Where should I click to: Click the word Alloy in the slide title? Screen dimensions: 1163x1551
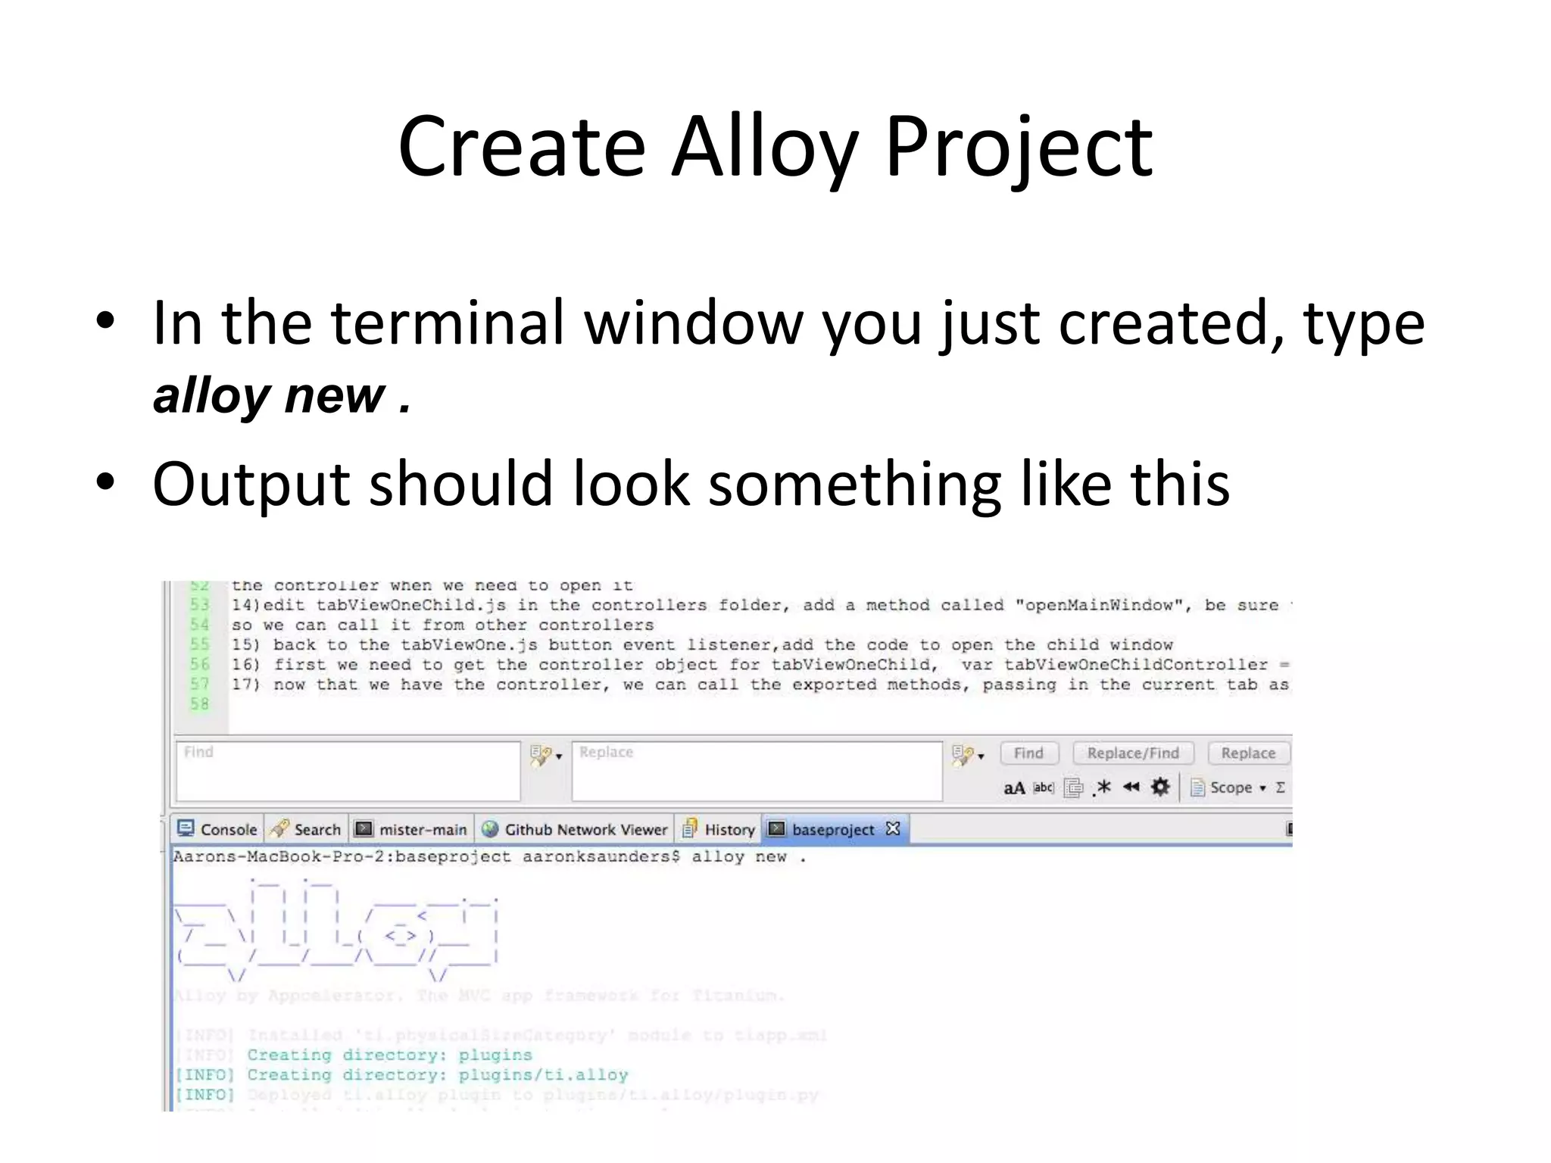tap(765, 148)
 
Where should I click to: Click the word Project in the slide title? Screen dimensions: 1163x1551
tap(1018, 148)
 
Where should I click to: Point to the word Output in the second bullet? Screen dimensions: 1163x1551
tap(251, 484)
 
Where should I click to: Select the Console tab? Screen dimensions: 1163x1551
tap(218, 829)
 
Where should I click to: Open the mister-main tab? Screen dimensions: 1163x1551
tap(412, 829)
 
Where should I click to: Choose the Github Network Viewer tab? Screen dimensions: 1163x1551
tap(576, 829)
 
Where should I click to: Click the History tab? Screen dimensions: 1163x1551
tap(719, 829)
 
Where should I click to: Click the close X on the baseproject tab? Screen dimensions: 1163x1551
tap(893, 828)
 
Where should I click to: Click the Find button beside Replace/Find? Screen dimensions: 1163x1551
tap(1028, 753)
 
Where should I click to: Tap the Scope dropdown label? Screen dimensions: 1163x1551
tap(1231, 787)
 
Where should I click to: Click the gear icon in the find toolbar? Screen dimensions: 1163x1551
tap(1159, 787)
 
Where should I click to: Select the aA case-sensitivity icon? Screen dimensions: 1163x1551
tap(1014, 788)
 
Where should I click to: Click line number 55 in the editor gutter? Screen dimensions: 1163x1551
tap(199, 644)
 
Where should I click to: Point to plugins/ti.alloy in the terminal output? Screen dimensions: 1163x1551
tap(543, 1074)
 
